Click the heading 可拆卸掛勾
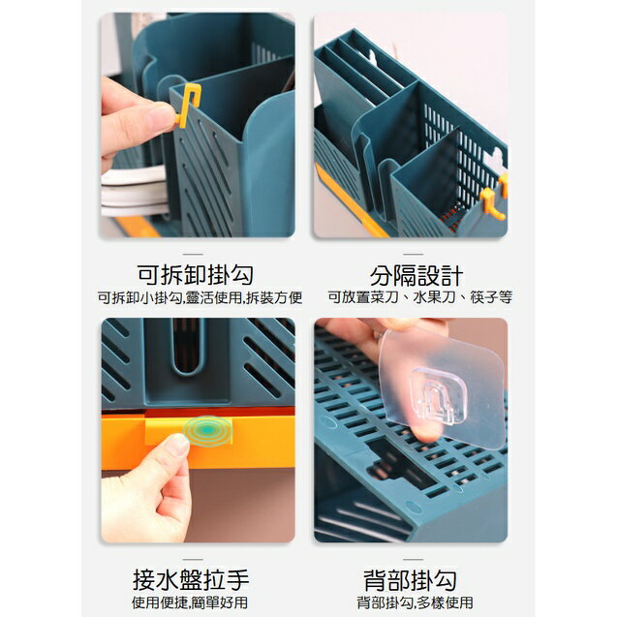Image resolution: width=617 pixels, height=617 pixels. point(197,274)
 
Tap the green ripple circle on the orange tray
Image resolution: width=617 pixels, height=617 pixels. point(207,430)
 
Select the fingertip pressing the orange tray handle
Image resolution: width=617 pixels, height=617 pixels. point(177,447)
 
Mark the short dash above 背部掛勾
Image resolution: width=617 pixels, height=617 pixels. point(411,559)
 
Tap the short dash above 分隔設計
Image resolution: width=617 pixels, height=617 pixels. point(411,255)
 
